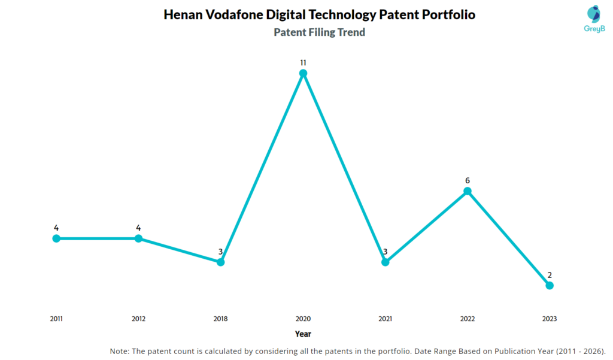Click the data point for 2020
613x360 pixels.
303,73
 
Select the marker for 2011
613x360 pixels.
56,238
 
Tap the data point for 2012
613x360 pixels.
138,238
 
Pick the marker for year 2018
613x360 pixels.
220,262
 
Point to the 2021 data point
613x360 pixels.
385,262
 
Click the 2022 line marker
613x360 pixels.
468,191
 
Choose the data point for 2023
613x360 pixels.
550,285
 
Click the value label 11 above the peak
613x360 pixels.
303,62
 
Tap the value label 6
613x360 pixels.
468,180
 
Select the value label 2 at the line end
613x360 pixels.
550,275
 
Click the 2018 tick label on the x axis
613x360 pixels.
220,319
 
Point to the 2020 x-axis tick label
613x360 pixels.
303,319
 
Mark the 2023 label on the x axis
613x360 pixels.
550,319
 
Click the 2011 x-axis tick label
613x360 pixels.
56,319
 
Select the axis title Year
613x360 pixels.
303,334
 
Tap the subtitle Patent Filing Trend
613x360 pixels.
319,32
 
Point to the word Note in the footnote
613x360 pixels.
120,350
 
